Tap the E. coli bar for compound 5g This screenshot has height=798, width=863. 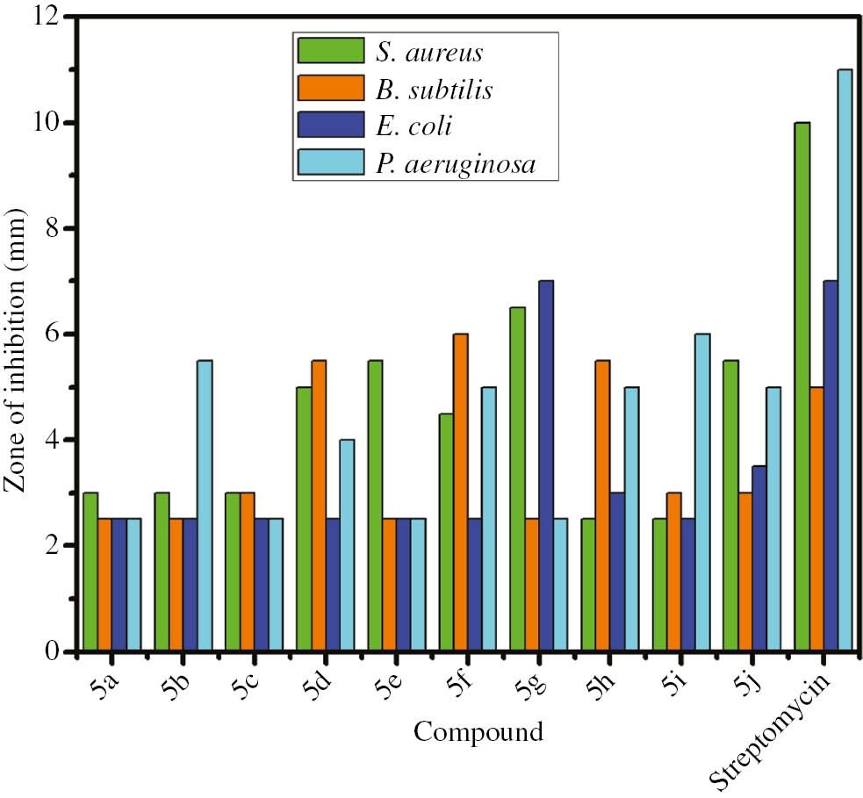tap(546, 465)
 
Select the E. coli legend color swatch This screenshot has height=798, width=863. tap(330, 126)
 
